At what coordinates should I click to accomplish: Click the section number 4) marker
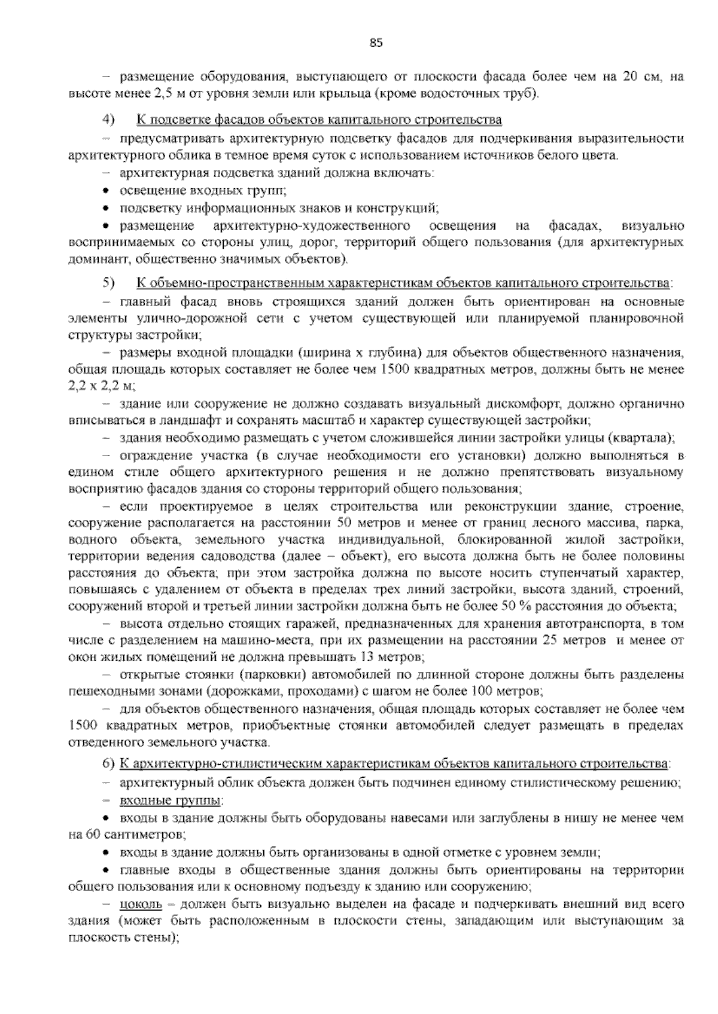click(x=108, y=120)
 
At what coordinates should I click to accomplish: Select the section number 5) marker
click(x=108, y=281)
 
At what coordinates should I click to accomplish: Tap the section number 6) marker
click(x=108, y=764)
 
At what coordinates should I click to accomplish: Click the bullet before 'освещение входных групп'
click(x=106, y=191)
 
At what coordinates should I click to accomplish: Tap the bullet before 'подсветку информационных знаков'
click(x=106, y=209)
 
